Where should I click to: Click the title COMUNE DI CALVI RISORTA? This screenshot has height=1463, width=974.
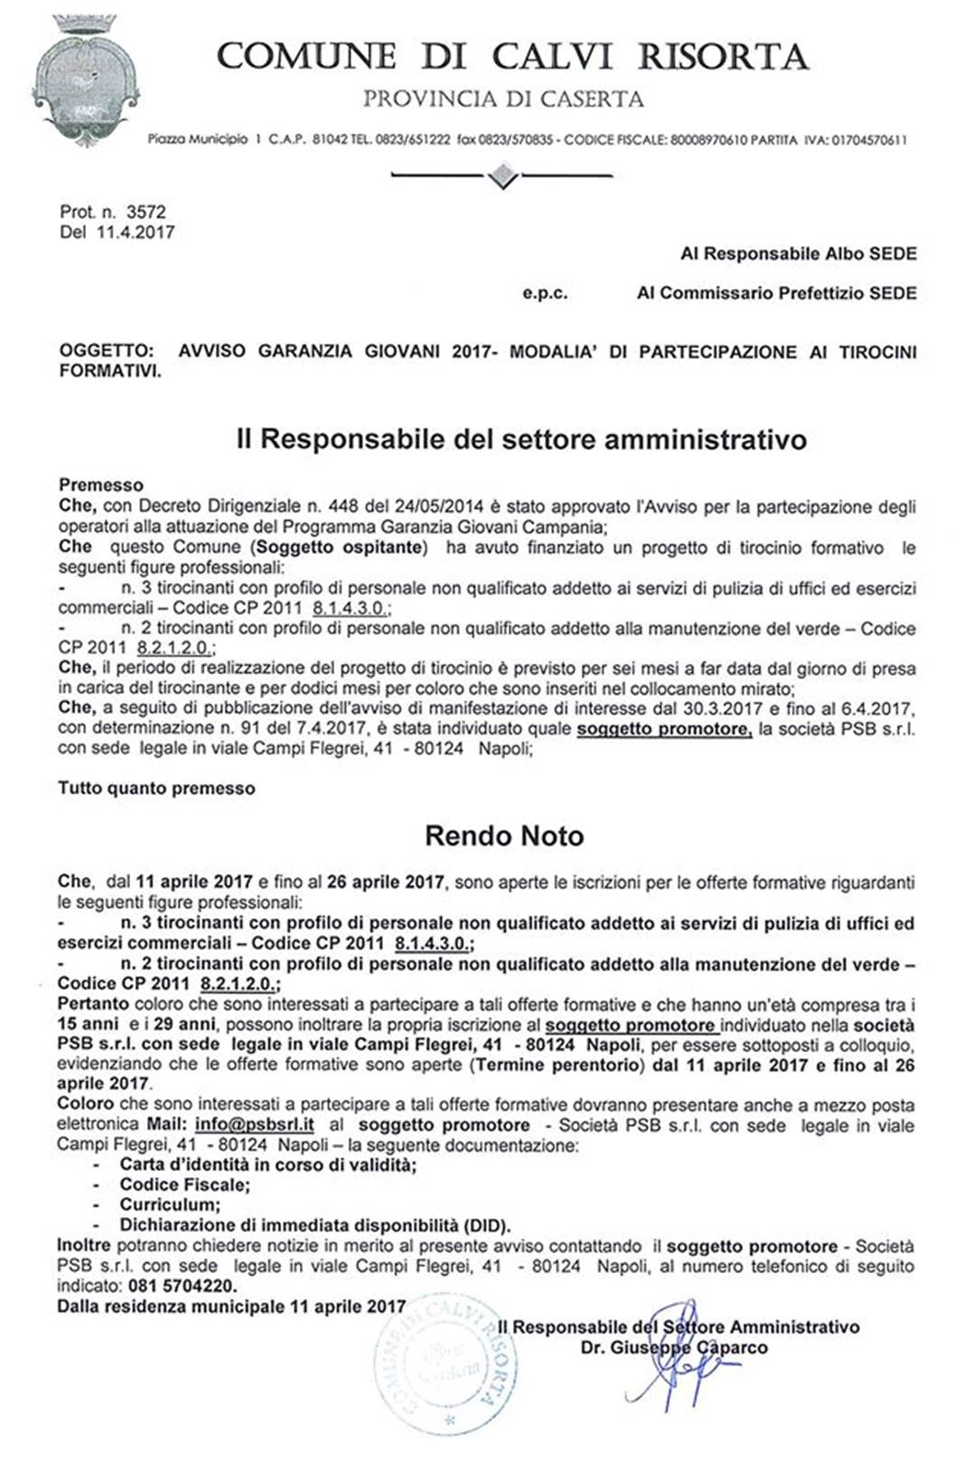pyautogui.click(x=511, y=57)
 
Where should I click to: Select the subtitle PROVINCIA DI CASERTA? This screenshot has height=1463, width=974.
pyautogui.click(x=503, y=99)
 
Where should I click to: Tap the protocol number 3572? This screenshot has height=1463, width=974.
pyautogui.click(x=145, y=212)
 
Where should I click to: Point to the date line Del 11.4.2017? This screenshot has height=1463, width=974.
pyautogui.click(x=117, y=232)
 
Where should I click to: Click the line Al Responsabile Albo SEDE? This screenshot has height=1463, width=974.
pyautogui.click(x=798, y=254)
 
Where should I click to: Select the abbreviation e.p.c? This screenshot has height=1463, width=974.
pyautogui.click(x=545, y=294)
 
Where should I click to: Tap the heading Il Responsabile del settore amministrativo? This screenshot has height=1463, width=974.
pyautogui.click(x=521, y=439)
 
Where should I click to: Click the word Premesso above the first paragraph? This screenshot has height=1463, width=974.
pyautogui.click(x=101, y=485)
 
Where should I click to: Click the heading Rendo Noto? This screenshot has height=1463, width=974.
pyautogui.click(x=504, y=836)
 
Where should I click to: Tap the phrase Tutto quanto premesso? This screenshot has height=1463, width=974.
pyautogui.click(x=156, y=789)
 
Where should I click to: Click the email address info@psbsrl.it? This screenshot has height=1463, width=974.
pyautogui.click(x=254, y=1125)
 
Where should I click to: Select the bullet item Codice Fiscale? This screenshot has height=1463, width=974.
pyautogui.click(x=184, y=1185)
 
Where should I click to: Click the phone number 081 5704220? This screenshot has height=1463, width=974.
pyautogui.click(x=183, y=1286)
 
